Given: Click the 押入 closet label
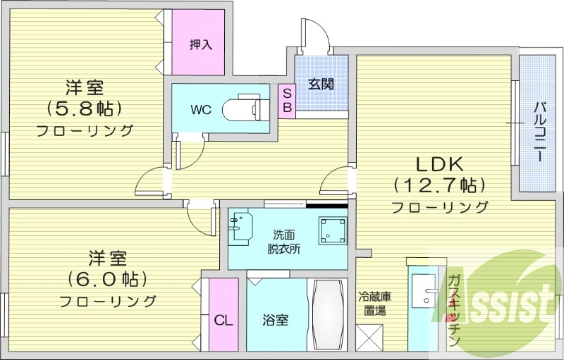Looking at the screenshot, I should pyautogui.click(x=200, y=44).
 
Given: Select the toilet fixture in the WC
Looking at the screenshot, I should pyautogui.click(x=243, y=110).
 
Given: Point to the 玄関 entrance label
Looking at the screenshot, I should pyautogui.click(x=321, y=84).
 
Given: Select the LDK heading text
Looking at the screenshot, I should pyautogui.click(x=439, y=165).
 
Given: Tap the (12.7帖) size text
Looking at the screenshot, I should pyautogui.click(x=439, y=186).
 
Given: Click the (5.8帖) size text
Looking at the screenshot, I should pyautogui.click(x=85, y=108).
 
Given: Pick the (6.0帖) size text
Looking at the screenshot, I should pyautogui.click(x=107, y=278).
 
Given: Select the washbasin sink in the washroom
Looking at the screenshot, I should pyautogui.click(x=240, y=228).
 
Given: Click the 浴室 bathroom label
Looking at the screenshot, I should pyautogui.click(x=276, y=319).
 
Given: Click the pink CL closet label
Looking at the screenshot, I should pyautogui.click(x=223, y=321).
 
